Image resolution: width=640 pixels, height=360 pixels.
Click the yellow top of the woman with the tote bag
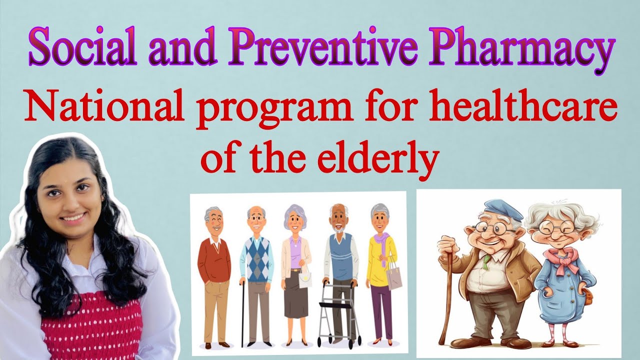coord(381,260)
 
